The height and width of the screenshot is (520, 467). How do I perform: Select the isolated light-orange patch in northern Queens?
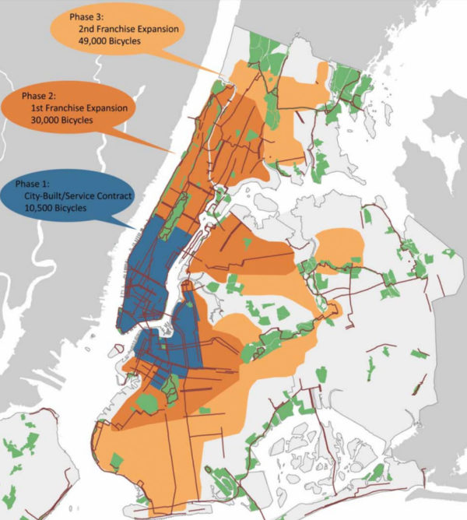(339, 245)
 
